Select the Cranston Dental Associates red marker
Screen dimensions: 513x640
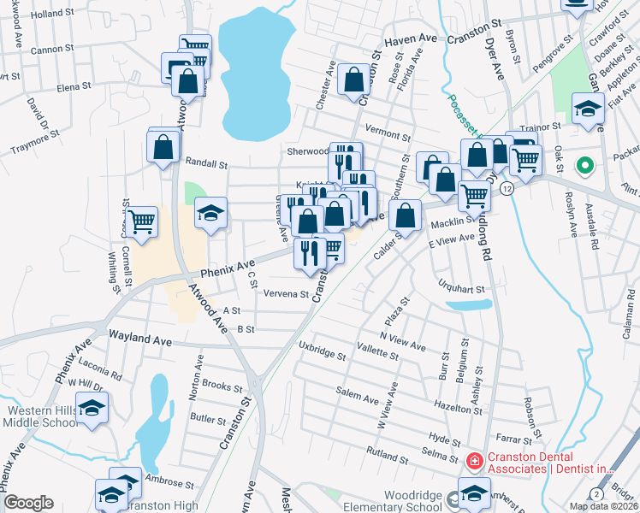[473, 461]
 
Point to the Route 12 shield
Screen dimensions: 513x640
[507, 188]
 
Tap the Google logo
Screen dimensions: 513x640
[28, 503]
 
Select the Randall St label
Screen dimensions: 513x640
[206, 162]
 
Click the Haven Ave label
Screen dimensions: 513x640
[411, 40]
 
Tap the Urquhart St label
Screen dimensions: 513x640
[463, 289]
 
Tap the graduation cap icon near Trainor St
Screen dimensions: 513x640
[588, 108]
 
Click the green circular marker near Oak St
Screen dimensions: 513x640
[586, 165]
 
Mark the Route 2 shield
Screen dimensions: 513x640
[595, 494]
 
